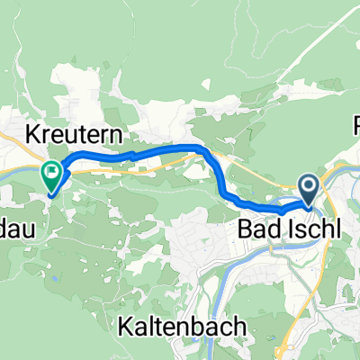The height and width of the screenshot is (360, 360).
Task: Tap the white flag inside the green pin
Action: [52, 168]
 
